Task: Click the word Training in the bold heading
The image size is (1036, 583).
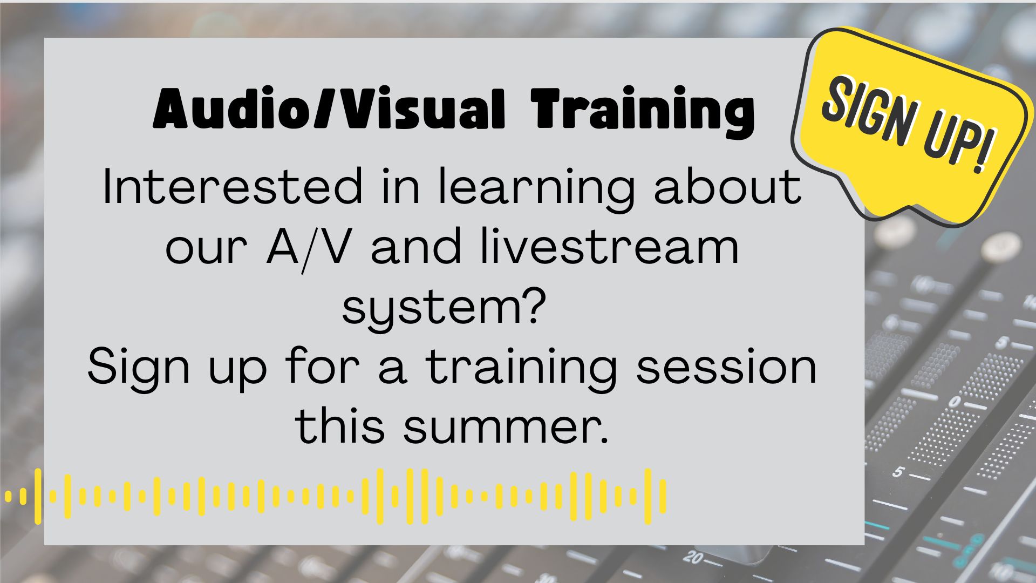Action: coord(642,111)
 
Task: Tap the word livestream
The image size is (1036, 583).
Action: coord(610,247)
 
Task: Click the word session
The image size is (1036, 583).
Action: coord(726,367)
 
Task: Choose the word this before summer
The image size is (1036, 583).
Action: coord(340,426)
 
